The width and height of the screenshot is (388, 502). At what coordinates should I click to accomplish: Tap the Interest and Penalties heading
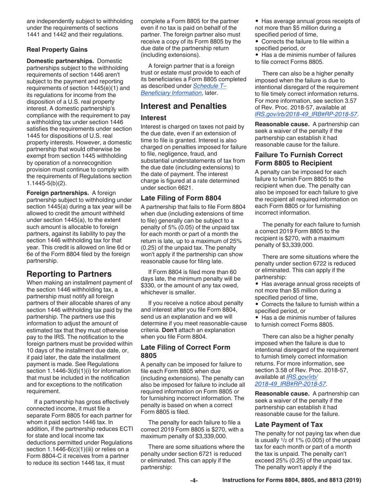click(x=183, y=106)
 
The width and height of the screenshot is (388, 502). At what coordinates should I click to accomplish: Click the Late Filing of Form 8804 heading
click(x=181, y=198)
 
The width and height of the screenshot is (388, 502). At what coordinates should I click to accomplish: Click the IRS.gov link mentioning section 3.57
click(x=306, y=115)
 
